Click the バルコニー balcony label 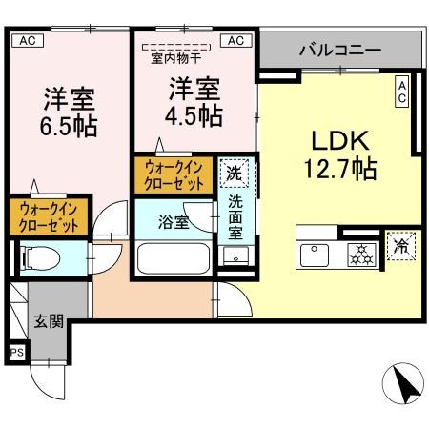339,49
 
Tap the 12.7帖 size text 338,170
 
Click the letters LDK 337,141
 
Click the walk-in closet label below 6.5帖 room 50,216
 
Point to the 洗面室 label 235,216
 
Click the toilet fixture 42,256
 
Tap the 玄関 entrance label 47,321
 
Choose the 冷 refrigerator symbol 401,245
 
